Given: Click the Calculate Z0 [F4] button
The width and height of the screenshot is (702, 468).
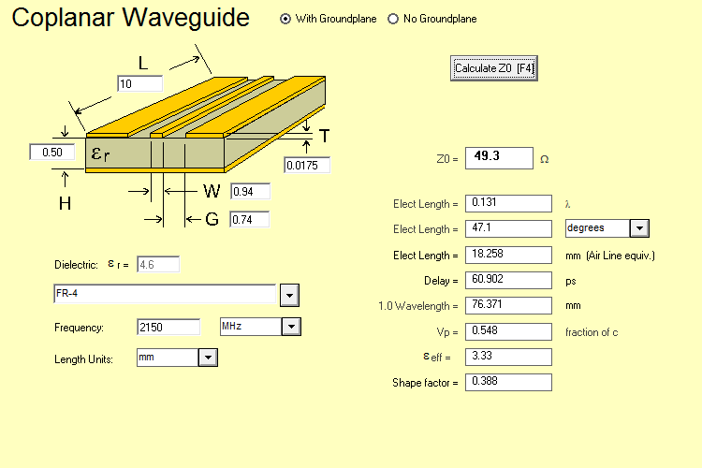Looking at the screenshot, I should pos(493,68).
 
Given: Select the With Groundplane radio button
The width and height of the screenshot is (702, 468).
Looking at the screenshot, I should pos(285,19).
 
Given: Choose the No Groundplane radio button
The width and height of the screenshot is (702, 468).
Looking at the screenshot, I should pos(393,19).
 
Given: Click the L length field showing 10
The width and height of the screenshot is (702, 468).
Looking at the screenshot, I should pos(139,84).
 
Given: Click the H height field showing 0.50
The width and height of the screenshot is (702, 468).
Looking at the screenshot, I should pos(51,153).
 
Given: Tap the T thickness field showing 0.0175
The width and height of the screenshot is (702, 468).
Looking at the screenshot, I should pos(307,166).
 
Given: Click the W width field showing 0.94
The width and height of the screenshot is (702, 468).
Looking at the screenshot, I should pos(249,192).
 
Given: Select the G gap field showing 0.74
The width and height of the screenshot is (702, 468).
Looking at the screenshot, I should pos(249,220).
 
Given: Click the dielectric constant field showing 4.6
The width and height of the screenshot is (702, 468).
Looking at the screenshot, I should pos(157,265).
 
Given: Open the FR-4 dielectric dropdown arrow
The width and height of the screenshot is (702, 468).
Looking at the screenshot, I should pos(289,296).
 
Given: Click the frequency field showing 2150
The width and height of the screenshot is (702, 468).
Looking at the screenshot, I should pos(168,327).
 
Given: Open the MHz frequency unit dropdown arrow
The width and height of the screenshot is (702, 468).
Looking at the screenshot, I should pos(290,327).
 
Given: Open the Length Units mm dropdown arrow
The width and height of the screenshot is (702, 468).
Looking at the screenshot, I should pos(208,358).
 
